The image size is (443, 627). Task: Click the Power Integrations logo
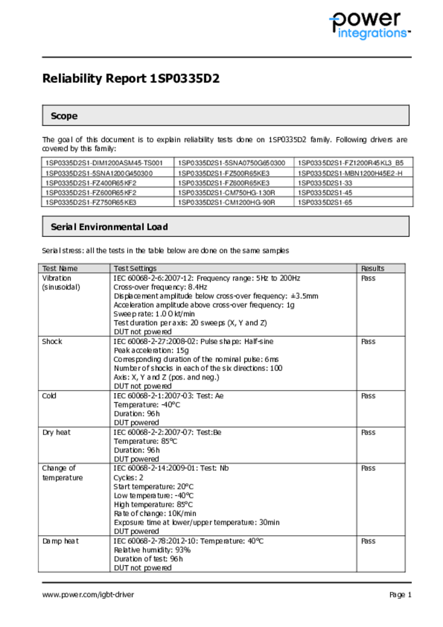(x=369, y=26)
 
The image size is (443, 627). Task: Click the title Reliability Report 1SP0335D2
(x=130, y=79)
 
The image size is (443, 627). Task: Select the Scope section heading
(x=64, y=116)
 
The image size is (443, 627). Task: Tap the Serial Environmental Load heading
(x=109, y=227)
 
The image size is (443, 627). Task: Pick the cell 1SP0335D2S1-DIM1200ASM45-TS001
(x=104, y=163)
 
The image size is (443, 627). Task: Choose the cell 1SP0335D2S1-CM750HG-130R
(x=226, y=192)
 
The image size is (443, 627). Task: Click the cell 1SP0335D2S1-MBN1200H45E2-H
(x=350, y=173)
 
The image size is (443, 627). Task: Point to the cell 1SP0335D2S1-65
(x=325, y=202)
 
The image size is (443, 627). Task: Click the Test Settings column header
(x=135, y=268)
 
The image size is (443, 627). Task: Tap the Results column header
(x=373, y=268)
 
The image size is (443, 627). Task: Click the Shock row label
(x=52, y=342)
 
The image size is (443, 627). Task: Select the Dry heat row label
(x=56, y=432)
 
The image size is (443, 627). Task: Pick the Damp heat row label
(x=60, y=541)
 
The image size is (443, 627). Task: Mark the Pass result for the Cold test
(x=368, y=396)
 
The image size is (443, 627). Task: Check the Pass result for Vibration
(x=368, y=278)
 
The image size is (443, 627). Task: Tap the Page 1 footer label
(x=400, y=595)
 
